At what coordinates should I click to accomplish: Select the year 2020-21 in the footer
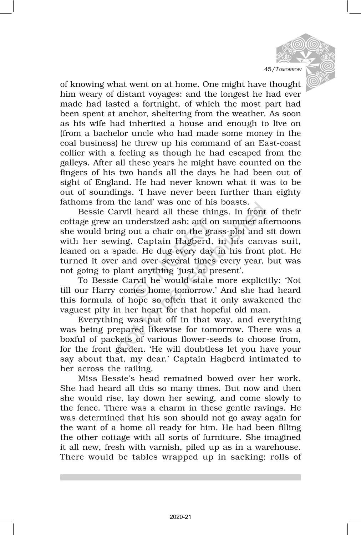click(180, 517)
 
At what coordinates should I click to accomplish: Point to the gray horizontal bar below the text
click(180, 477)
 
